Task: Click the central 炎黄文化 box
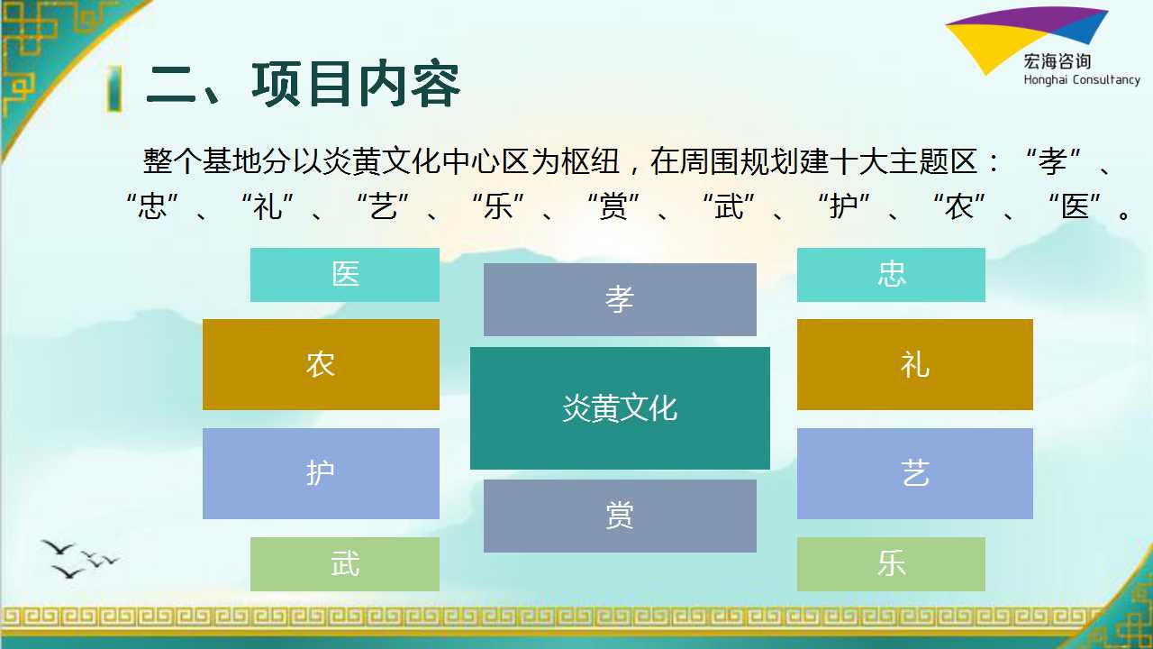pos(620,408)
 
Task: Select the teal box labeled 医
pos(345,275)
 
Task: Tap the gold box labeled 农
pos(321,364)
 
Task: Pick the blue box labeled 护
pos(321,473)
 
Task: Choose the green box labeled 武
pos(345,564)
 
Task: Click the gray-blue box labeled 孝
pos(620,299)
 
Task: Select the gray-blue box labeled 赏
pos(620,516)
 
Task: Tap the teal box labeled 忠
pos(891,275)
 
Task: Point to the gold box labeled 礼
pos(914,364)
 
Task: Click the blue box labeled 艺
pos(914,473)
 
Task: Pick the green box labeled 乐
pos(891,564)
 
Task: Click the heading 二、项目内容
pos(303,85)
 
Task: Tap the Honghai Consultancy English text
pos(1082,80)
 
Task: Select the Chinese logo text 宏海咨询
pos(1058,61)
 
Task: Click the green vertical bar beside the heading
pos(114,88)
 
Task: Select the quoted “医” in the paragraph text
pos(1076,206)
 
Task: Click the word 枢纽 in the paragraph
pos(590,161)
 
